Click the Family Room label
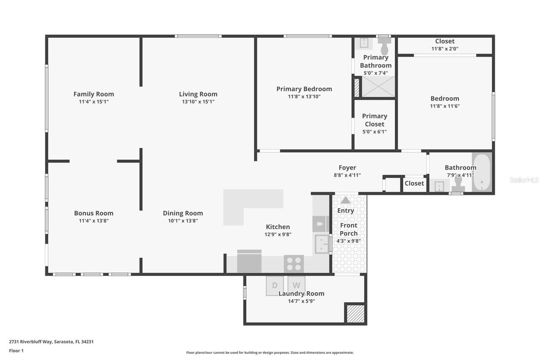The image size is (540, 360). (x=94, y=94)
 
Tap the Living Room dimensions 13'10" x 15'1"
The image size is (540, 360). (x=198, y=102)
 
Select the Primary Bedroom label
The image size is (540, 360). (x=304, y=89)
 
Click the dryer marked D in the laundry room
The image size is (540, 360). (x=275, y=285)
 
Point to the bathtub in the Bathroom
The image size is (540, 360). (x=482, y=173)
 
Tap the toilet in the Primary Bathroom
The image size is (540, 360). (x=384, y=46)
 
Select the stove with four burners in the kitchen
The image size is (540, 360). (x=294, y=264)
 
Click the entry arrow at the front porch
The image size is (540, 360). (x=346, y=200)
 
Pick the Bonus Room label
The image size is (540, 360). (x=94, y=213)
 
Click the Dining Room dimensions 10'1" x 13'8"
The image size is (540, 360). (x=183, y=221)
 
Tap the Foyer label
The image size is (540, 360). (x=347, y=168)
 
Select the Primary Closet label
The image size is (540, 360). (x=375, y=120)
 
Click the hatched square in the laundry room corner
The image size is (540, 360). (x=355, y=314)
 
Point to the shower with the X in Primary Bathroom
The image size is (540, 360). (x=378, y=87)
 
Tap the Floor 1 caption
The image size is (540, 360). (x=16, y=351)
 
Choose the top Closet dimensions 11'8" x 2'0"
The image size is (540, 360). (x=445, y=49)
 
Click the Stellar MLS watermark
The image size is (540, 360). (x=524, y=180)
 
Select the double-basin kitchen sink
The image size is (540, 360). (x=322, y=244)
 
